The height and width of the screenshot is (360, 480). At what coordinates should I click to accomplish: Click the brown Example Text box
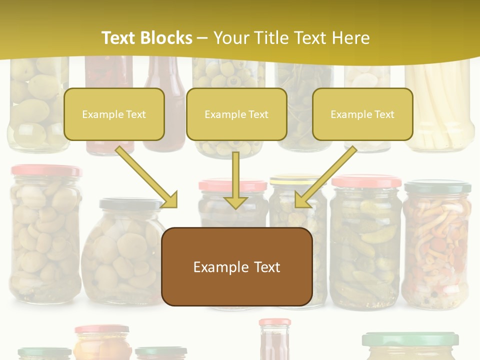[x=236, y=266]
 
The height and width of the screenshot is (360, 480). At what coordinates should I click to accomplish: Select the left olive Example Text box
[x=114, y=114]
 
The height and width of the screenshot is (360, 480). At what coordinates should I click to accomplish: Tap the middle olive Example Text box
[x=236, y=114]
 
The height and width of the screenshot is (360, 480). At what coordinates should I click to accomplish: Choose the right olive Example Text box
[x=362, y=114]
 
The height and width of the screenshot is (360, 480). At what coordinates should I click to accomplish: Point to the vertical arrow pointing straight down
[x=235, y=180]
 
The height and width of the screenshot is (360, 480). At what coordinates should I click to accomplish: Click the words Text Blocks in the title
[x=146, y=38]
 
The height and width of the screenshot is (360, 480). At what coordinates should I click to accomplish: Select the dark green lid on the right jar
[x=437, y=187]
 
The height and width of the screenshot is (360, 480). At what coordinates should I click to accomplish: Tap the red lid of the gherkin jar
[x=366, y=181]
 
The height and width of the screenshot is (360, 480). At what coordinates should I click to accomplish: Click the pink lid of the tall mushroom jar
[x=46, y=170]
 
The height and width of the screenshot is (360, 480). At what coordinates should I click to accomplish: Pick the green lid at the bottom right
[x=410, y=339]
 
